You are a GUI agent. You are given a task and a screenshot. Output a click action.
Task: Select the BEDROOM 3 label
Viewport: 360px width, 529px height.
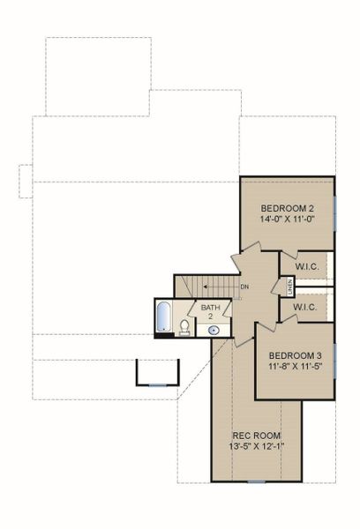[293, 350]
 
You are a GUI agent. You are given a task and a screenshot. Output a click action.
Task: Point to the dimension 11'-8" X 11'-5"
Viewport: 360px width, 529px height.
[293, 364]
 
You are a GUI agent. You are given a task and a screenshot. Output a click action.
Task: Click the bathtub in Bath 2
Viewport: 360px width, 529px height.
[164, 318]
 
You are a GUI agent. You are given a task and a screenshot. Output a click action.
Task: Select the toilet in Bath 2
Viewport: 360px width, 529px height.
[184, 328]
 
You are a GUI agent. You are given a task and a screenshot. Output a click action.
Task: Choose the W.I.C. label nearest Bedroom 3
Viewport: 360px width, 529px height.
[305, 308]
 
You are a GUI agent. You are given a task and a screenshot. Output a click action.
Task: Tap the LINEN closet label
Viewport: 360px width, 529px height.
[289, 286]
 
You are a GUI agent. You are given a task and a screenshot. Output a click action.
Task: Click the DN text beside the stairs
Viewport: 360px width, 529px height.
[244, 287]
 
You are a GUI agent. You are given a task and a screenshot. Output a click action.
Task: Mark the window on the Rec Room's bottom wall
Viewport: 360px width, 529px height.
[255, 481]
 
